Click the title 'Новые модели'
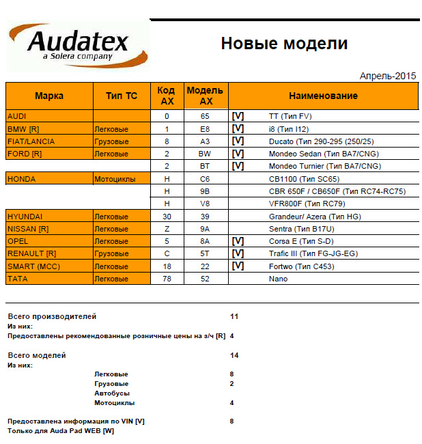[x=284, y=44]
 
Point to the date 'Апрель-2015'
[x=387, y=76]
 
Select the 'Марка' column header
[x=49, y=96]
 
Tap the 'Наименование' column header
[x=323, y=96]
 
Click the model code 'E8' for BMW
[x=205, y=129]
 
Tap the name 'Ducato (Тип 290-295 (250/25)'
[x=322, y=141]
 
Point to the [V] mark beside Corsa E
[x=238, y=241]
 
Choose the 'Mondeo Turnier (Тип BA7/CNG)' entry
[x=325, y=166]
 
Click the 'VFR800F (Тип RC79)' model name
[x=306, y=204]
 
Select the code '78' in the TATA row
[x=167, y=279]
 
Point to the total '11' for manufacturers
[x=234, y=317]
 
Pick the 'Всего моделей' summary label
[x=37, y=356]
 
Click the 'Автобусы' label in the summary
[x=112, y=393]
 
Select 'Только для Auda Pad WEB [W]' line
[x=61, y=431]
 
